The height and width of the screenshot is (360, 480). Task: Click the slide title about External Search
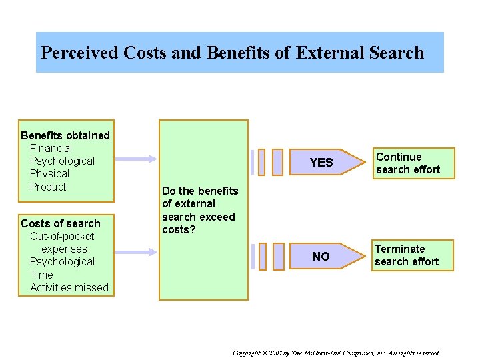232,53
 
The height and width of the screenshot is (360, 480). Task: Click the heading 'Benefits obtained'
65,135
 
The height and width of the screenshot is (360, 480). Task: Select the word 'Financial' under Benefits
51,148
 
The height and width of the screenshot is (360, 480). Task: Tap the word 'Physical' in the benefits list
49,173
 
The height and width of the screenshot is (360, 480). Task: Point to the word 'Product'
48,187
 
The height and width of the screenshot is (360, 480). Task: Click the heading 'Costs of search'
61,223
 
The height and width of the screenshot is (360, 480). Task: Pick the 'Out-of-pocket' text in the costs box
62,236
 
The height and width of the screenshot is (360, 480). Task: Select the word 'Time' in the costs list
41,275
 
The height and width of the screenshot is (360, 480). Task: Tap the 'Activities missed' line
69,287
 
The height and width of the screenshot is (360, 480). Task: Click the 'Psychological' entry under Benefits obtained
62,161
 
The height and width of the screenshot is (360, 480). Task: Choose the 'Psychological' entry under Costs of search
62,261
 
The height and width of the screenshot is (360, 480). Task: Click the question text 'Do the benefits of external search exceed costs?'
199,210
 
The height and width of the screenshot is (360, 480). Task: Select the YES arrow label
321,163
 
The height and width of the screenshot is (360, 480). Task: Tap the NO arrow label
321,257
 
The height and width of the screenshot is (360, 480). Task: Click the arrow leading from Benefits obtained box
136,159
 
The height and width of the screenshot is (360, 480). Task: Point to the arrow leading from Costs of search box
136,252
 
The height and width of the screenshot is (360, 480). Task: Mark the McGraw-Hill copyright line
337,352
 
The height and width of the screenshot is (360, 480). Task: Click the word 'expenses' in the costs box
64,249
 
